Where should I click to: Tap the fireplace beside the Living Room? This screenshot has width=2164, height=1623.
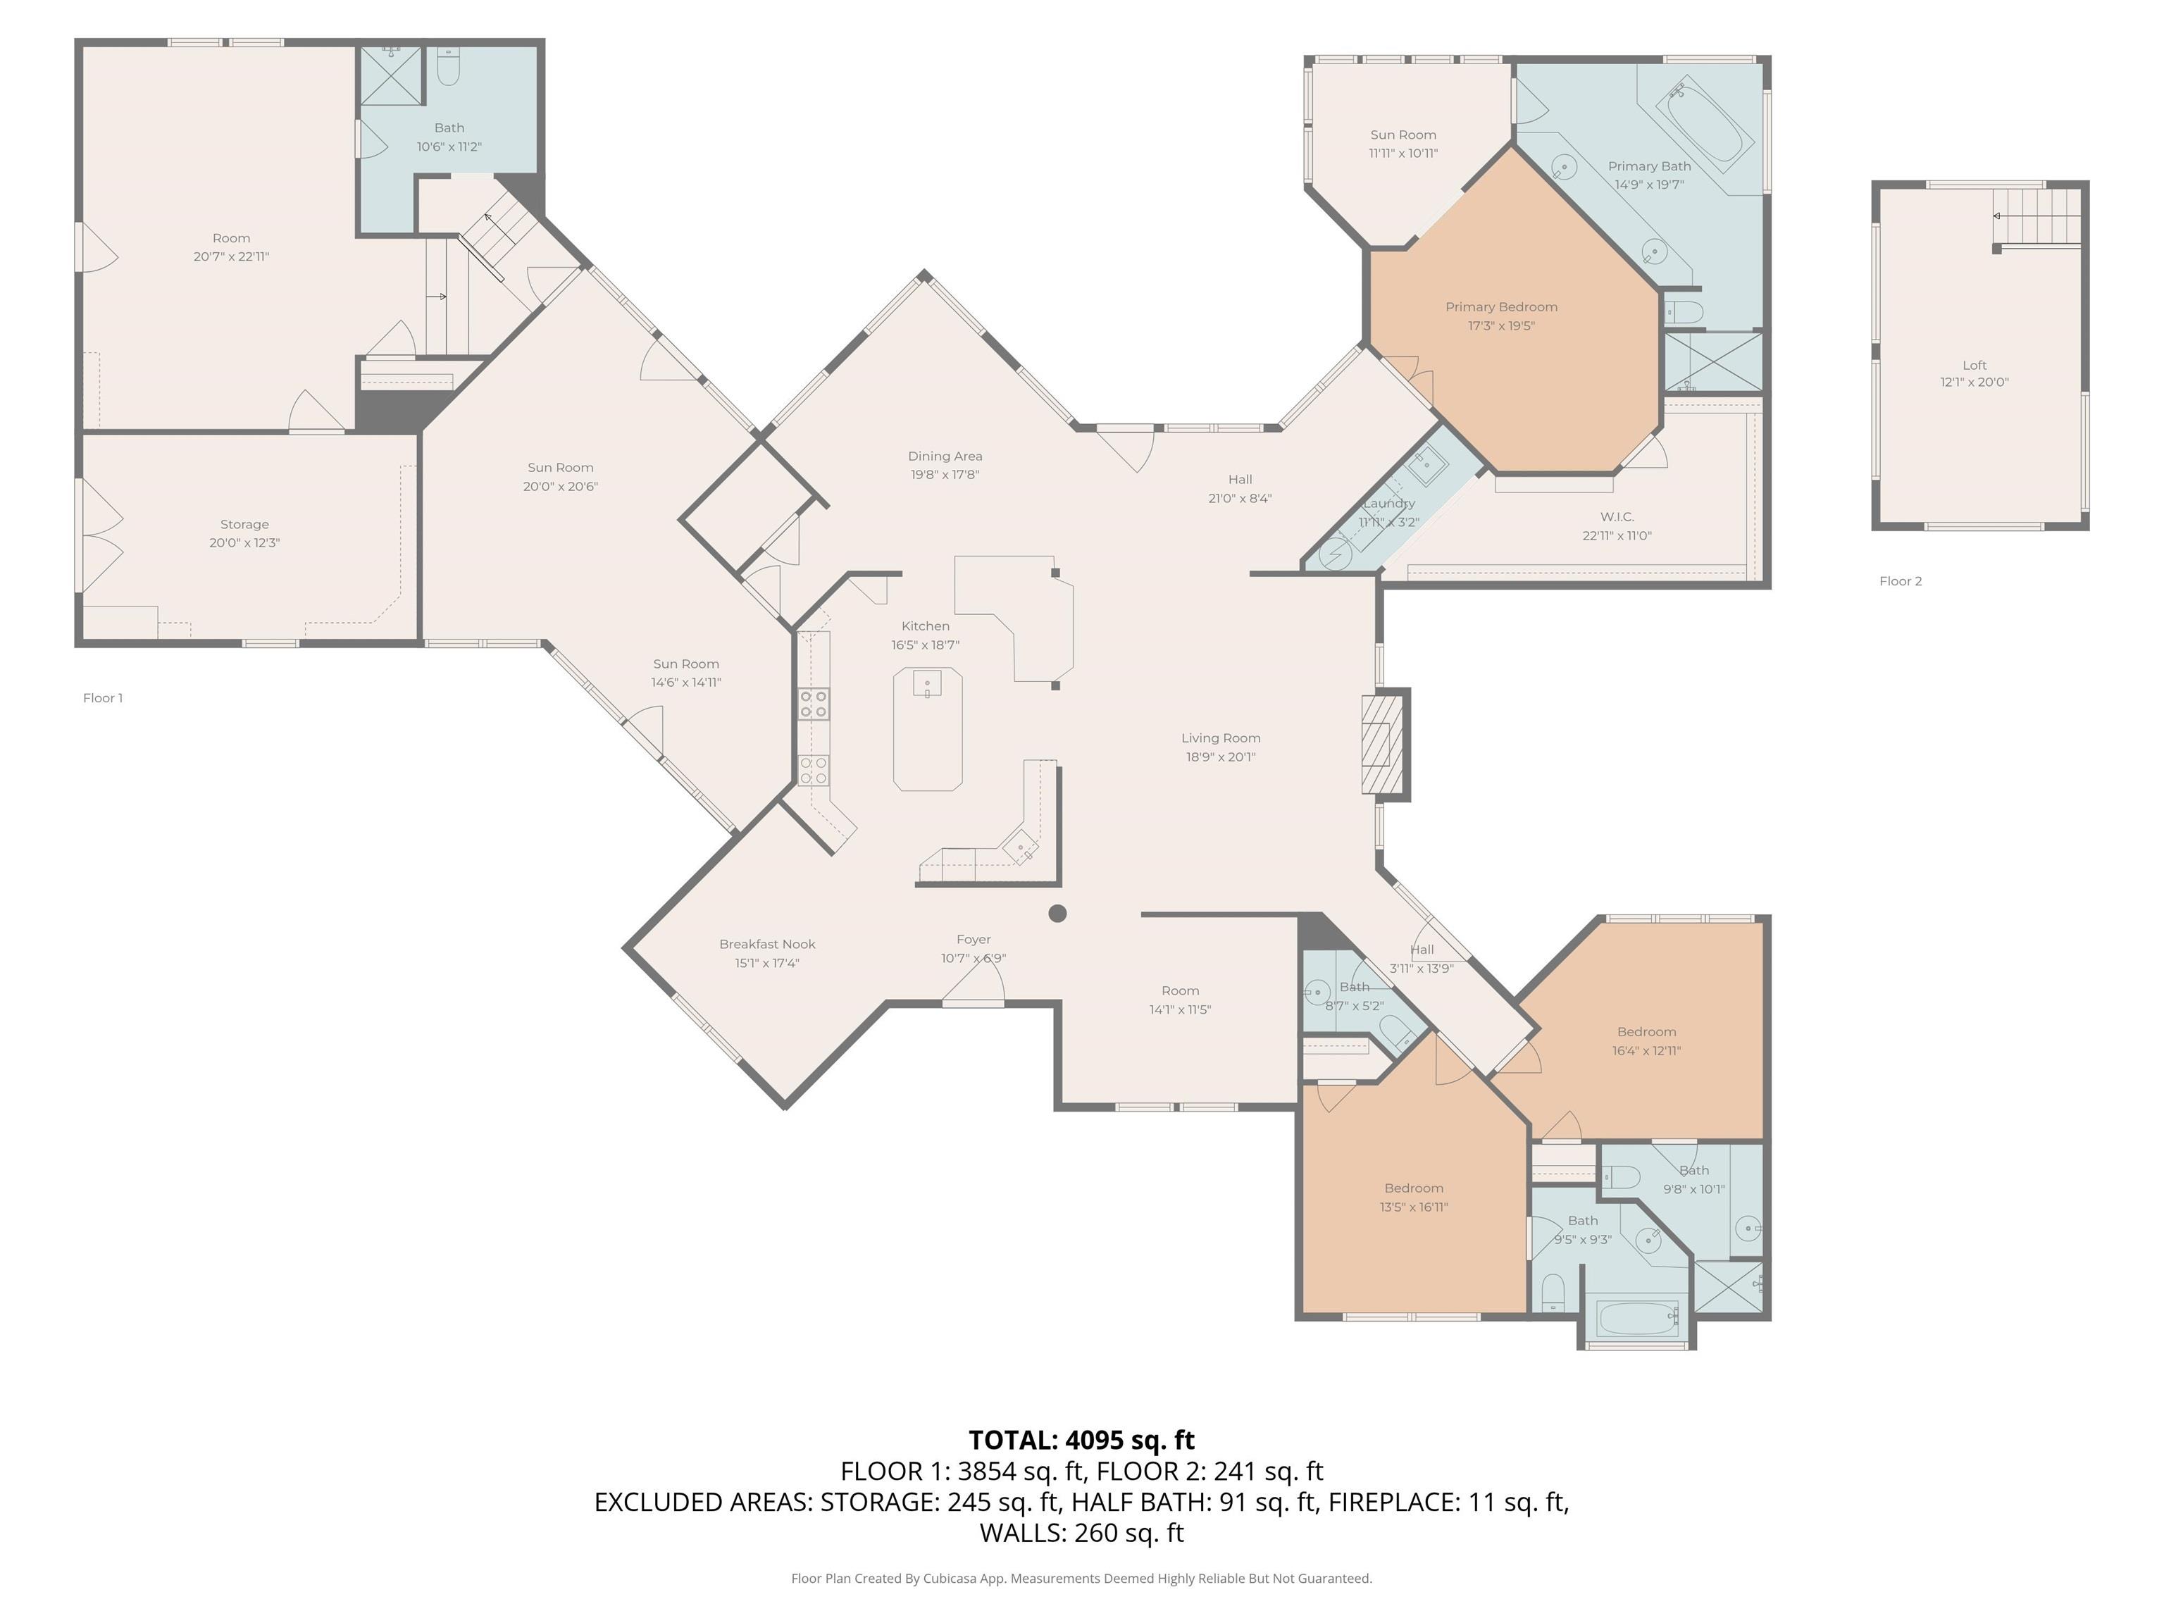pyautogui.click(x=1384, y=743)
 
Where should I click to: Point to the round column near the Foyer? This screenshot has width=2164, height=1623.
pyautogui.click(x=1057, y=913)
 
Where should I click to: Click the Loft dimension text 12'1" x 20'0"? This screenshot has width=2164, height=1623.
pyautogui.click(x=1975, y=383)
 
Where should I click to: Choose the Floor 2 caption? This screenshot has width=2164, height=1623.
pyautogui.click(x=1901, y=581)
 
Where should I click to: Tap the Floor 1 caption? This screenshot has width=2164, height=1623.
pyautogui.click(x=103, y=697)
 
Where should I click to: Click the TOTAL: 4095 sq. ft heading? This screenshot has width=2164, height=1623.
pyautogui.click(x=1082, y=1440)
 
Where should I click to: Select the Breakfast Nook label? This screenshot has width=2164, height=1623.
pyautogui.click(x=767, y=944)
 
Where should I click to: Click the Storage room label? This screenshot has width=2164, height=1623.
pyautogui.click(x=244, y=524)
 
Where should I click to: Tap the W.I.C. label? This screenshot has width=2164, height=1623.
pyautogui.click(x=1617, y=516)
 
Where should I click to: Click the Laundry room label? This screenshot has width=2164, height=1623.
pyautogui.click(x=1389, y=503)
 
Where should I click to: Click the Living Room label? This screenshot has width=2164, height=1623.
pyautogui.click(x=1221, y=739)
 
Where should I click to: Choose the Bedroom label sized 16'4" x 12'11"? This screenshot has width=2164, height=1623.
pyautogui.click(x=1646, y=1032)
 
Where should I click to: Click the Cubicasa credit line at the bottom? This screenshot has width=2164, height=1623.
pyautogui.click(x=1082, y=1578)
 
